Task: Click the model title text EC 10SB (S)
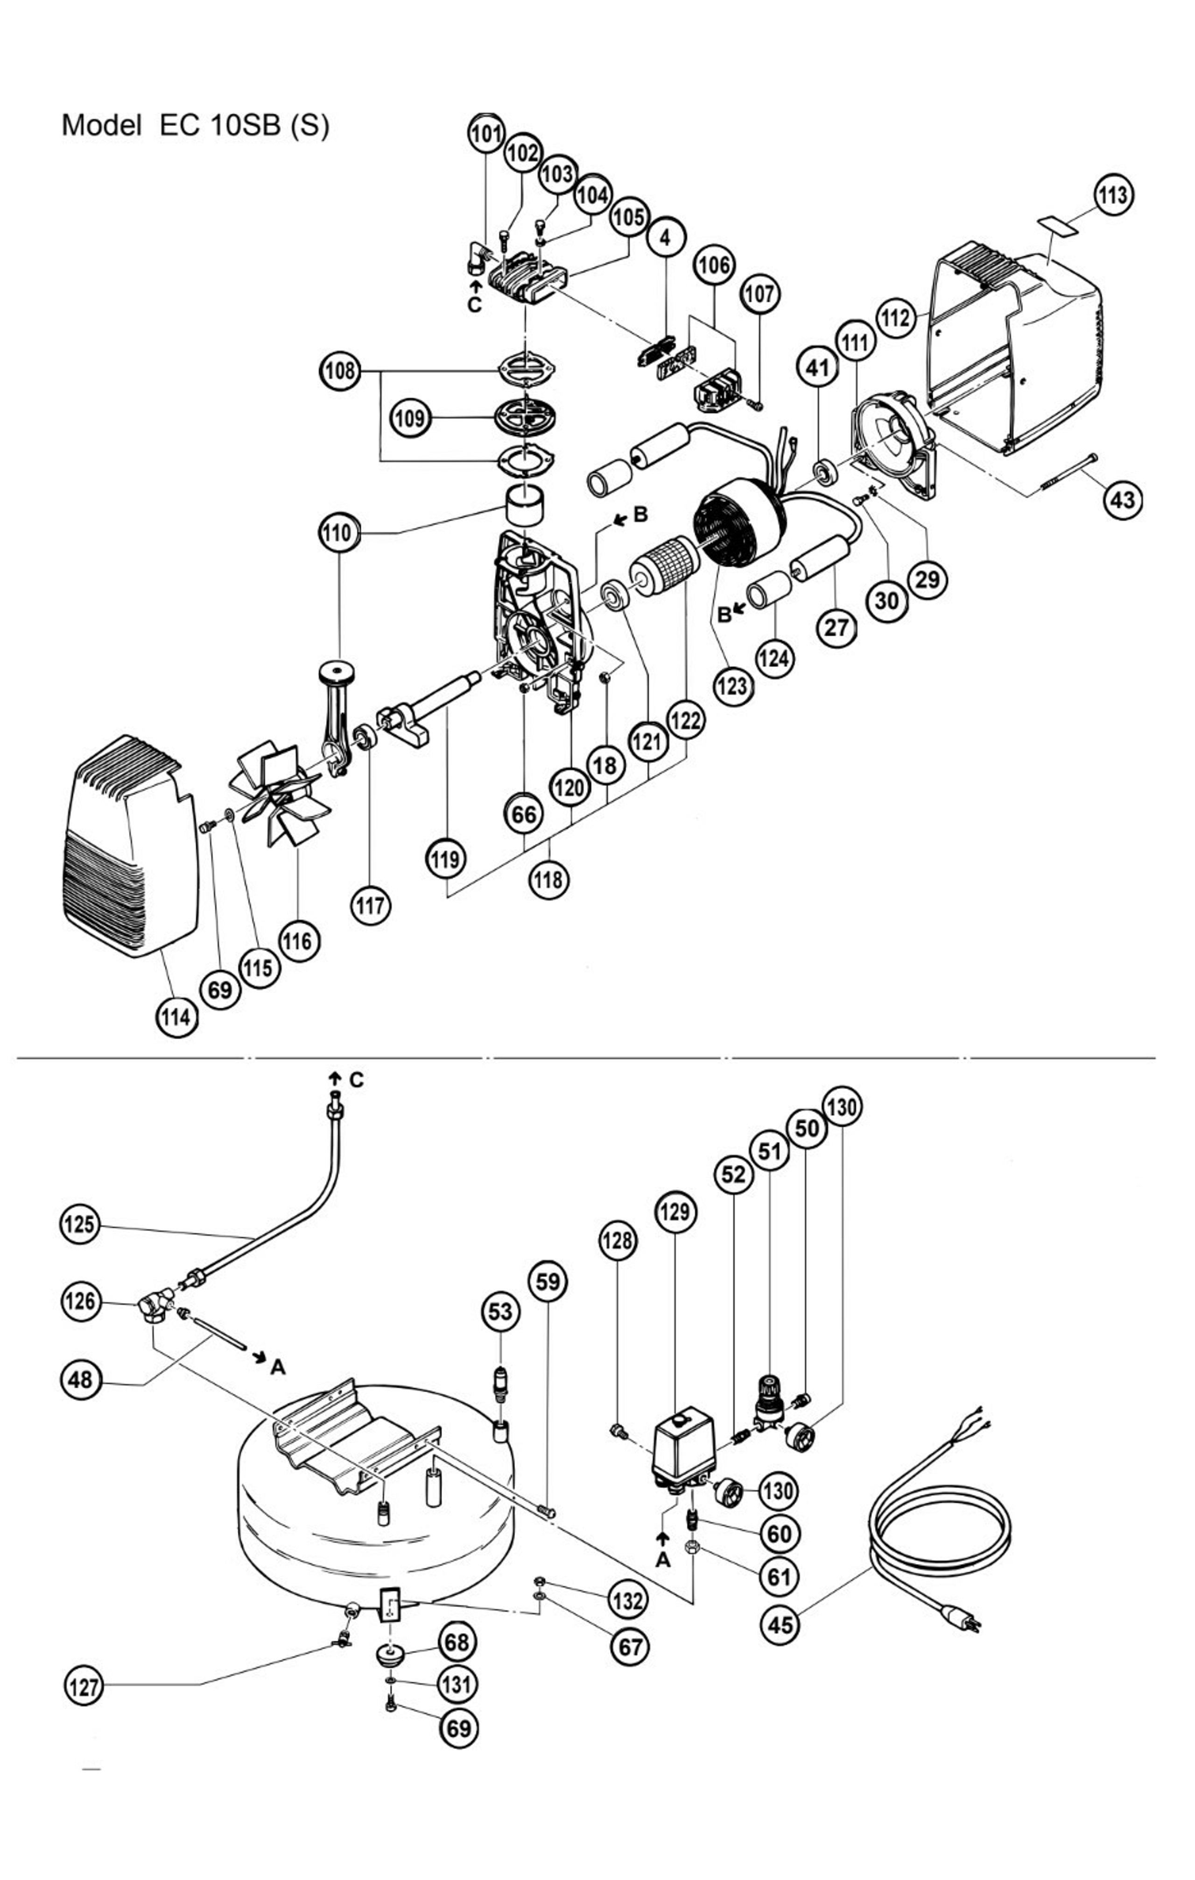pos(195,125)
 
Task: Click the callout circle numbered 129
pos(675,1212)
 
